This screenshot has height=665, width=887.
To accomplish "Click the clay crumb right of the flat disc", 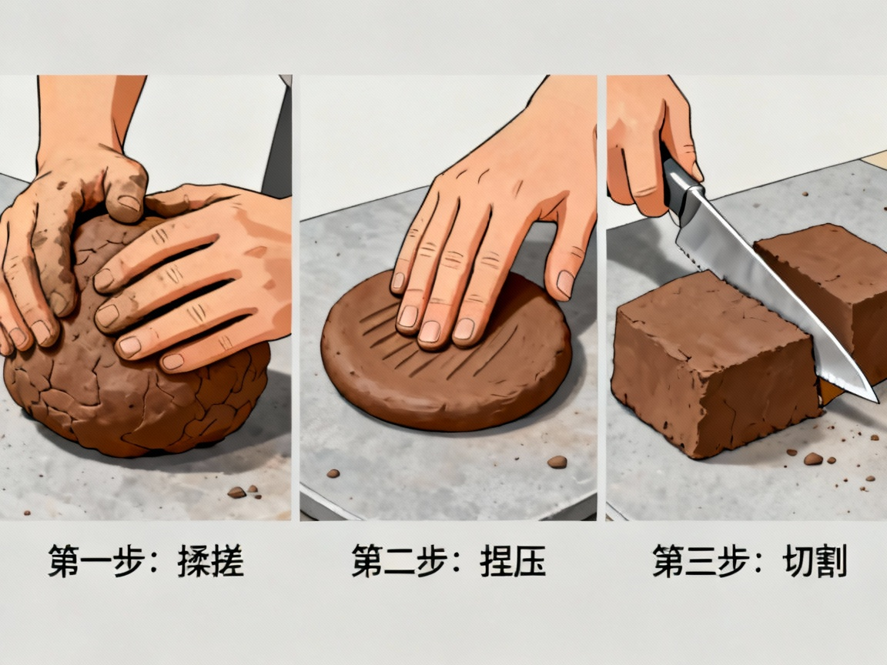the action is [557, 462].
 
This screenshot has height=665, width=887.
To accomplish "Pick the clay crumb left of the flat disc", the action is [333, 473].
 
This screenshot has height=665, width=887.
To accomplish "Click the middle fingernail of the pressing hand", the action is [430, 332].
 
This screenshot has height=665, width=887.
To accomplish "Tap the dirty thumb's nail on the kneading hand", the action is [129, 203].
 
